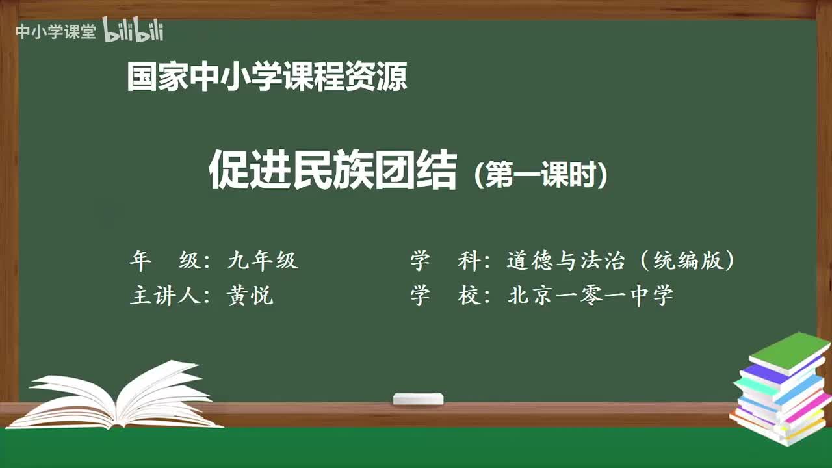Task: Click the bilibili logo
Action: click(x=133, y=31)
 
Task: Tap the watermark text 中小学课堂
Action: click(x=55, y=32)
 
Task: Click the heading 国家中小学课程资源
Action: click(x=266, y=77)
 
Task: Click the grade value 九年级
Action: click(x=263, y=261)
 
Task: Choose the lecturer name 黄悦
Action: click(x=250, y=296)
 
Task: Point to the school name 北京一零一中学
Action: click(x=590, y=296)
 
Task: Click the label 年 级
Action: click(x=164, y=261)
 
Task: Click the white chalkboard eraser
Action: click(x=418, y=398)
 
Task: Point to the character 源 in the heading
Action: click(x=392, y=77)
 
